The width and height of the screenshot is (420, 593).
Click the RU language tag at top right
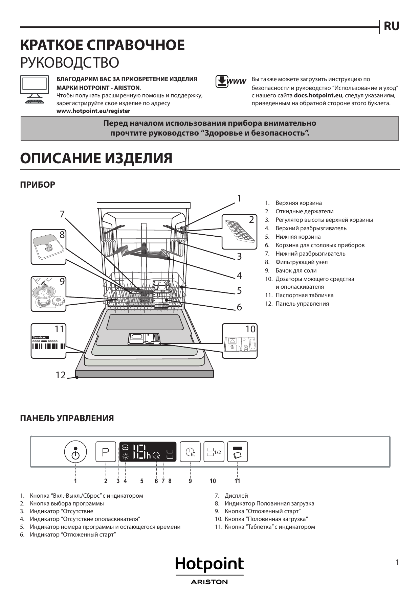click(x=391, y=26)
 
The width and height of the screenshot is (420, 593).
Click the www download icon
click(x=230, y=81)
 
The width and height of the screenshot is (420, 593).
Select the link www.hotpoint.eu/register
click(x=93, y=111)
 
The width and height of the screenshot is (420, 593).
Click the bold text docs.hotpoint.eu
click(x=318, y=95)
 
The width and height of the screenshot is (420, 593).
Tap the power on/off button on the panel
click(x=75, y=452)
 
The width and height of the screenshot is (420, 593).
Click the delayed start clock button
click(x=190, y=452)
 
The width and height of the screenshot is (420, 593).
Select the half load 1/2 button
click(x=214, y=452)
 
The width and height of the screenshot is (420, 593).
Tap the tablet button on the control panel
click(x=237, y=452)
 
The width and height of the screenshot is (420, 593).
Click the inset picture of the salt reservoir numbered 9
click(x=48, y=294)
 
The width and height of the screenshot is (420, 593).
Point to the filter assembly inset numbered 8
click(x=48, y=247)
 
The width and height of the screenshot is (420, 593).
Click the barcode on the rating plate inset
click(x=48, y=347)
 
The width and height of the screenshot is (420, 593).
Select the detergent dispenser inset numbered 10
click(x=240, y=341)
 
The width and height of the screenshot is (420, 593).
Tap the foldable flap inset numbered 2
click(x=240, y=232)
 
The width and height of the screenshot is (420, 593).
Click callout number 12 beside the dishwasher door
click(x=61, y=375)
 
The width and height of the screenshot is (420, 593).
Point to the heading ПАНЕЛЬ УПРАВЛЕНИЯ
click(x=67, y=419)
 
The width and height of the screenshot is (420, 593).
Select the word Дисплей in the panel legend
click(x=236, y=496)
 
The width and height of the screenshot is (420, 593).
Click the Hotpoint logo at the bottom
click(x=209, y=565)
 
